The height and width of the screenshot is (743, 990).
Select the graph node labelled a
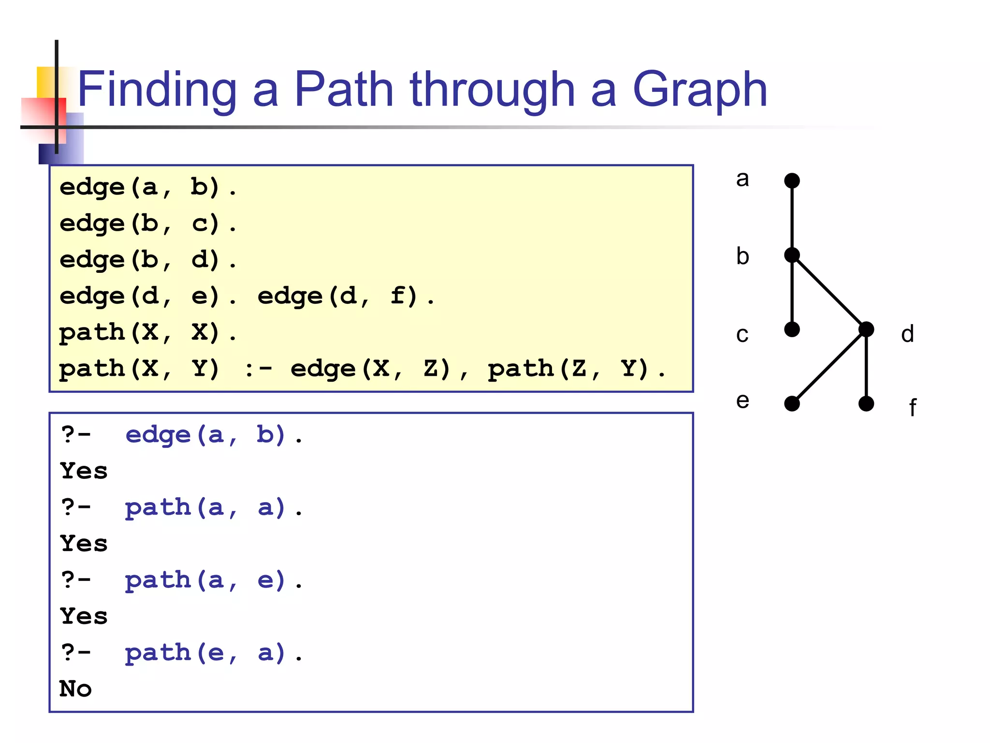(792, 181)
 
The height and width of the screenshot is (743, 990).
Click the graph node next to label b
(792, 255)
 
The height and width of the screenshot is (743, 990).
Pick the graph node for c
(792, 329)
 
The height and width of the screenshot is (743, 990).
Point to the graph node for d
(866, 329)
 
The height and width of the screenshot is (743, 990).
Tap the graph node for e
(792, 403)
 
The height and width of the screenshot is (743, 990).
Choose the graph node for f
(866, 403)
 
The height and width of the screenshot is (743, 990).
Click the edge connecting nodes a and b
(792, 218)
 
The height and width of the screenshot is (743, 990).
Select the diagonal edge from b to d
(829, 292)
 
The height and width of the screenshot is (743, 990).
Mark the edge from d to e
(829, 367)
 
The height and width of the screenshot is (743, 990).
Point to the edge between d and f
(866, 367)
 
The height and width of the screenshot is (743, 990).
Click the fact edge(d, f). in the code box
(346, 296)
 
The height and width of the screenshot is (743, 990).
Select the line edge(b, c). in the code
(148, 223)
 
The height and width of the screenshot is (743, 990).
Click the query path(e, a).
(213, 653)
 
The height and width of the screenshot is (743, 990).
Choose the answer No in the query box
(75, 689)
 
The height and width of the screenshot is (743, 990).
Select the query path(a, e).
(213, 580)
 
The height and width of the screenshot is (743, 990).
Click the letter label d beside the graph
(907, 334)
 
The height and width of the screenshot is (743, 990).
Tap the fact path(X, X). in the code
(148, 333)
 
